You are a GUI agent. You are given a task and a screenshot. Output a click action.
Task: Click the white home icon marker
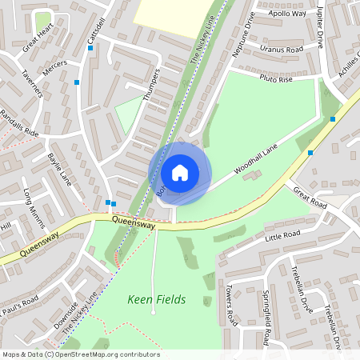[180, 173]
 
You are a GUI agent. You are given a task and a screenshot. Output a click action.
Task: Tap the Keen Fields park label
[157, 300]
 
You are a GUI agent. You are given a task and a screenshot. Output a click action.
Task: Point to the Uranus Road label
[282, 49]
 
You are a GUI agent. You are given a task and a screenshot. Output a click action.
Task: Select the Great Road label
[310, 197]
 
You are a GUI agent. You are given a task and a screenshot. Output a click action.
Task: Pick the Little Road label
[282, 235]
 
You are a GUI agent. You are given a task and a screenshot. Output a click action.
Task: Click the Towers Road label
[230, 306]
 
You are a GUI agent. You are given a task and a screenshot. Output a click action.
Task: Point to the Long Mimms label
[37, 205]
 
